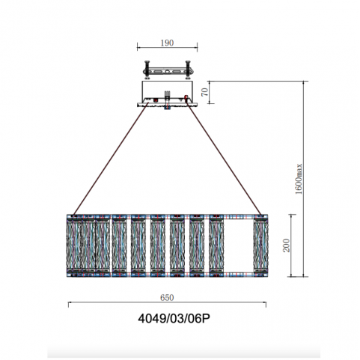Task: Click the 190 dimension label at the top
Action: pyautogui.click(x=167, y=43)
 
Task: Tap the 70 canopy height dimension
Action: pyautogui.click(x=204, y=92)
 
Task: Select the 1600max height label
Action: pyautogui.click(x=299, y=179)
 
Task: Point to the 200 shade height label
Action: pyautogui.click(x=287, y=245)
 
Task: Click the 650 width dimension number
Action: pyautogui.click(x=167, y=297)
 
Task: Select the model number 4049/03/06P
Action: pyautogui.click(x=174, y=318)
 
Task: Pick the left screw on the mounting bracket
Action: pyautogui.click(x=147, y=70)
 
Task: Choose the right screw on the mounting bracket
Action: pyautogui.click(x=188, y=70)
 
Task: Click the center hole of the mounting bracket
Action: pyautogui.click(x=168, y=72)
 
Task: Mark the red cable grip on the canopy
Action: pyautogui.click(x=186, y=97)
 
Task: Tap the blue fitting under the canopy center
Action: pyautogui.click(x=167, y=108)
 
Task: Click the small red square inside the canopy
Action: pyautogui.click(x=156, y=100)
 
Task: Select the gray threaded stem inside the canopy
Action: pyautogui.click(x=167, y=96)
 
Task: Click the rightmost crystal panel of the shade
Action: pyautogui.click(x=260, y=245)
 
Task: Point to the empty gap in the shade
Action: pyautogui.click(x=239, y=245)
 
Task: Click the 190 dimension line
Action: pyautogui.click(x=167, y=47)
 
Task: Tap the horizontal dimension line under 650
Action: pyautogui.click(x=167, y=302)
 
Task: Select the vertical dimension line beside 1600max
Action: pyautogui.click(x=303, y=179)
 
